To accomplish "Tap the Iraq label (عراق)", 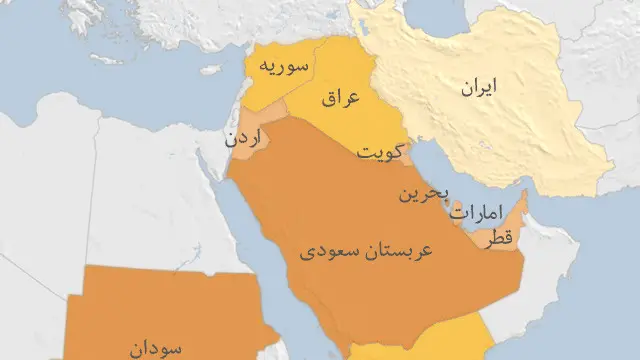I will (x=341, y=99).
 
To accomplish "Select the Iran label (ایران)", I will (x=478, y=88).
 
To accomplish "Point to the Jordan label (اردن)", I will (x=244, y=139).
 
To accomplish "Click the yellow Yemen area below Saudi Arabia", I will (x=420, y=352).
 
